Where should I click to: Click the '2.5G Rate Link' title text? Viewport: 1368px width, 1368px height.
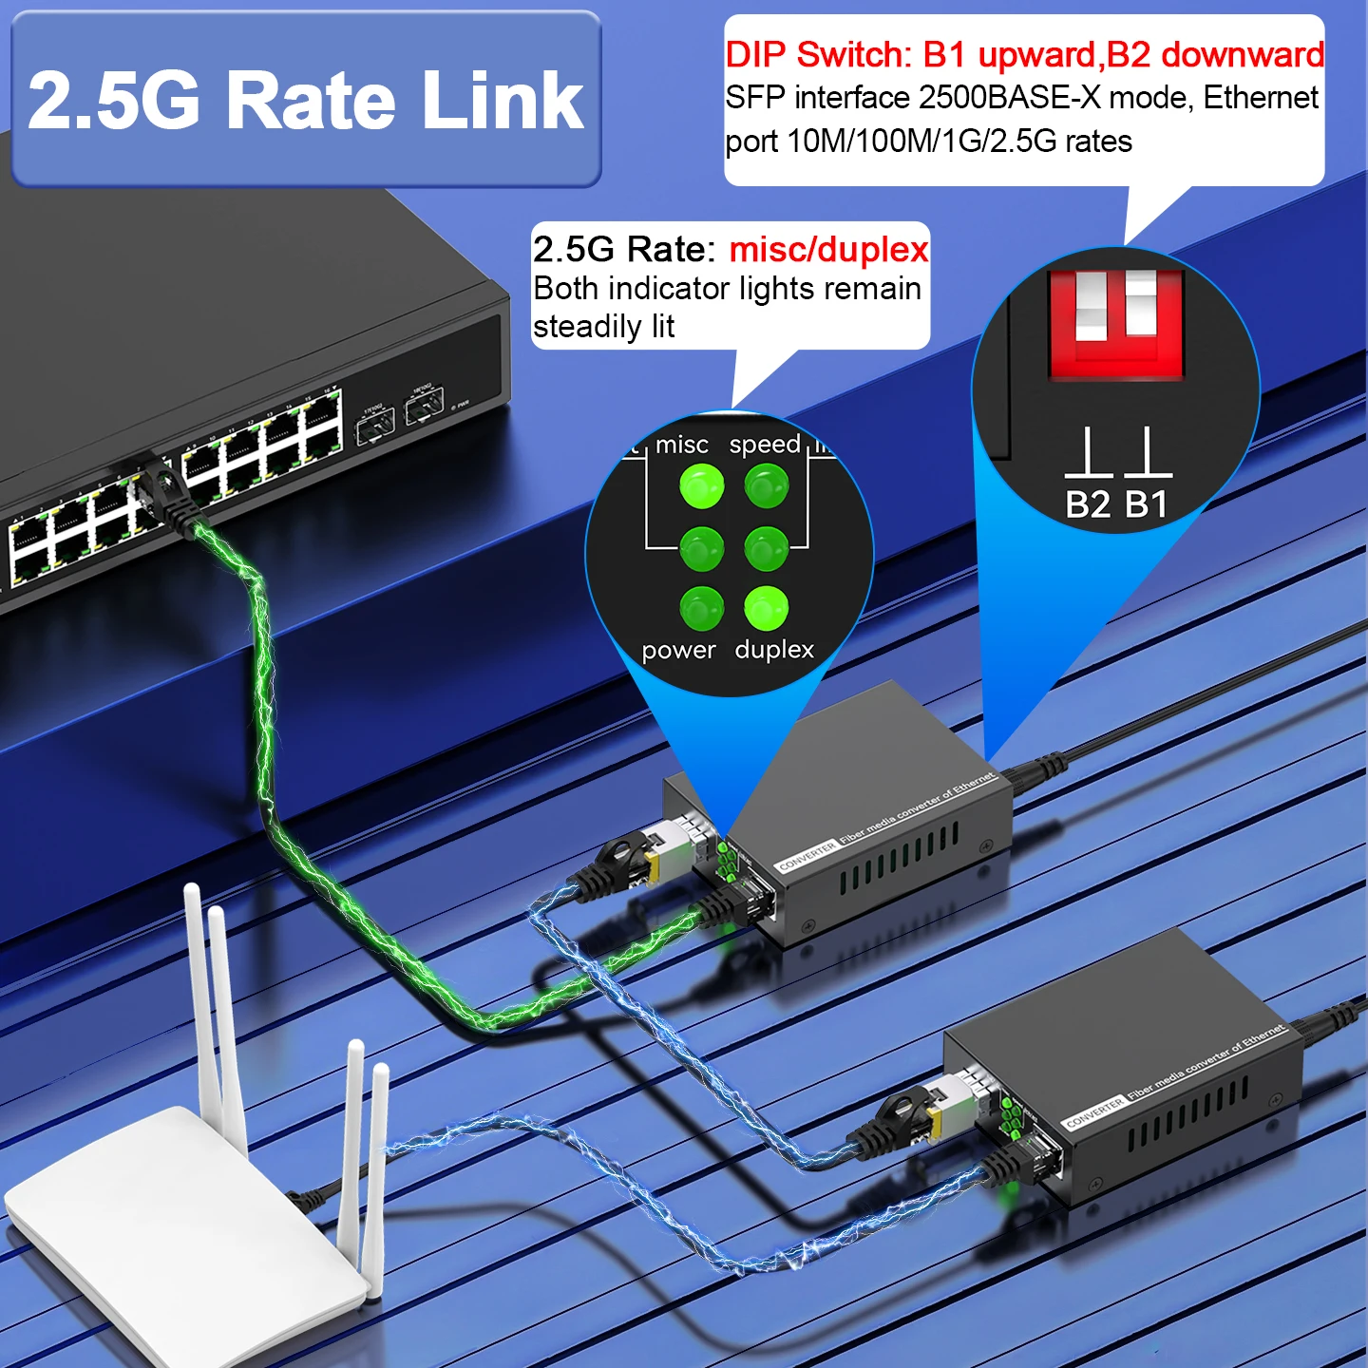pyautogui.click(x=305, y=101)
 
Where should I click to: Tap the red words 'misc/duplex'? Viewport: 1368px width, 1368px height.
pyautogui.click(x=828, y=250)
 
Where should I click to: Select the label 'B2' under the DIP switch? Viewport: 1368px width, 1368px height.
pyautogui.click(x=1088, y=504)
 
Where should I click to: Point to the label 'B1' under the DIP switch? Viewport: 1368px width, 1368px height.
pyautogui.click(x=1147, y=504)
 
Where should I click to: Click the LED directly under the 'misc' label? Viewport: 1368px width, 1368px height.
pyautogui.click(x=701, y=486)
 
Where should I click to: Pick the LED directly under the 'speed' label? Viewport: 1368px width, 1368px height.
pyautogui.click(x=766, y=486)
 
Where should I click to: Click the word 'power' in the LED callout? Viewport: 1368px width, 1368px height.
pyautogui.click(x=678, y=651)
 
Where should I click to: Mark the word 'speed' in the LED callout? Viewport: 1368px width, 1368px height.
pyautogui.click(x=765, y=445)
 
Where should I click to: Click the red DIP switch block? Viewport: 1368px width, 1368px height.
pyautogui.click(x=1115, y=324)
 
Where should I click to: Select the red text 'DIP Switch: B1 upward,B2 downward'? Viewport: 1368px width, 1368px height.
pyautogui.click(x=1024, y=55)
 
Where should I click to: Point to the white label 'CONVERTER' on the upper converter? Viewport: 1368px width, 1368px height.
pyautogui.click(x=807, y=856)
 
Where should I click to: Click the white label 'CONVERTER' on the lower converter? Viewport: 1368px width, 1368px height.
pyautogui.click(x=1094, y=1112)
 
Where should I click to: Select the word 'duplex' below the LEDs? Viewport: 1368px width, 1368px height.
pyautogui.click(x=774, y=650)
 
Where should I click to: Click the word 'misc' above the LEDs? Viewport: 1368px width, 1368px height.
pyautogui.click(x=681, y=445)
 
